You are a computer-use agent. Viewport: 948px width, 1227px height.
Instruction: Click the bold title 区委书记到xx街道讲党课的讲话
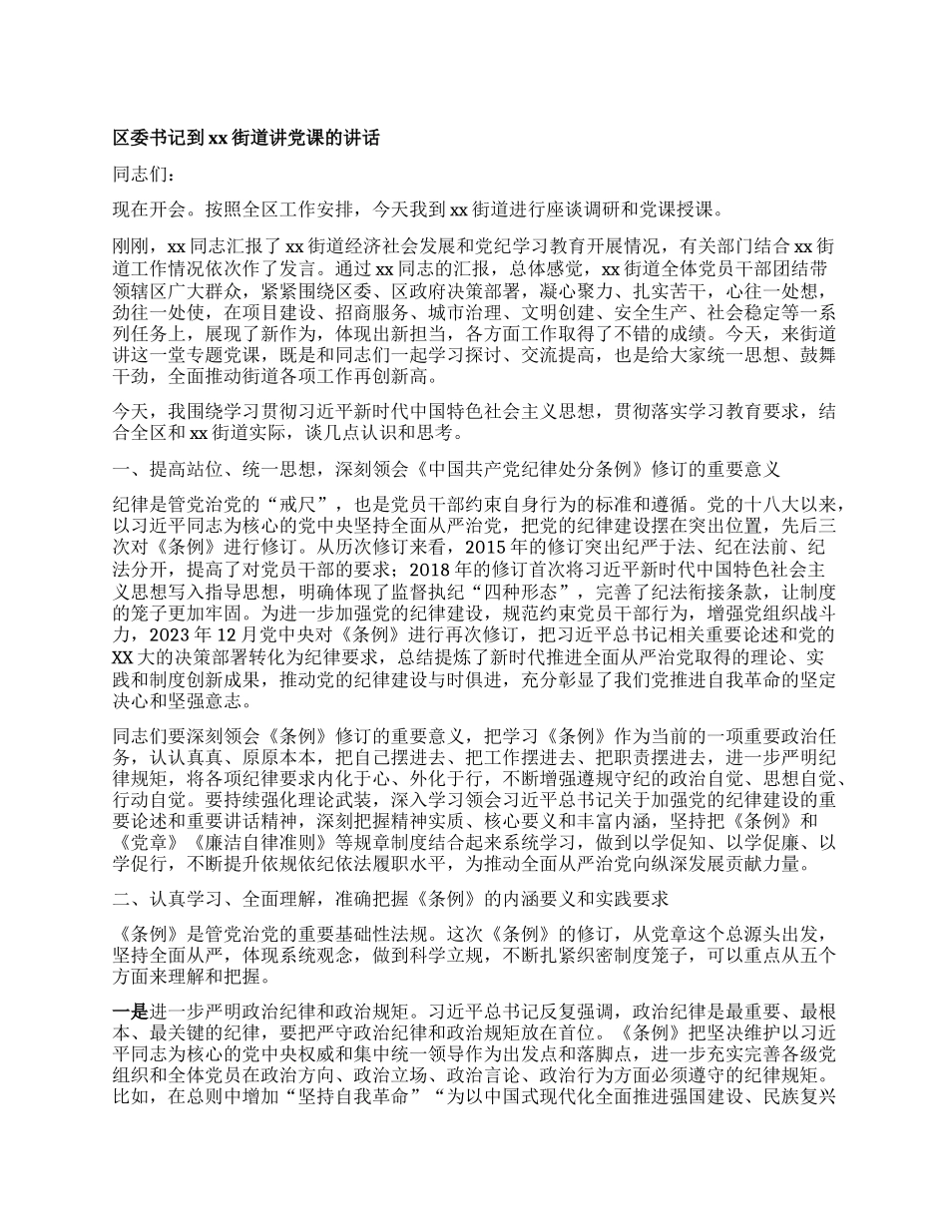(x=246, y=139)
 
